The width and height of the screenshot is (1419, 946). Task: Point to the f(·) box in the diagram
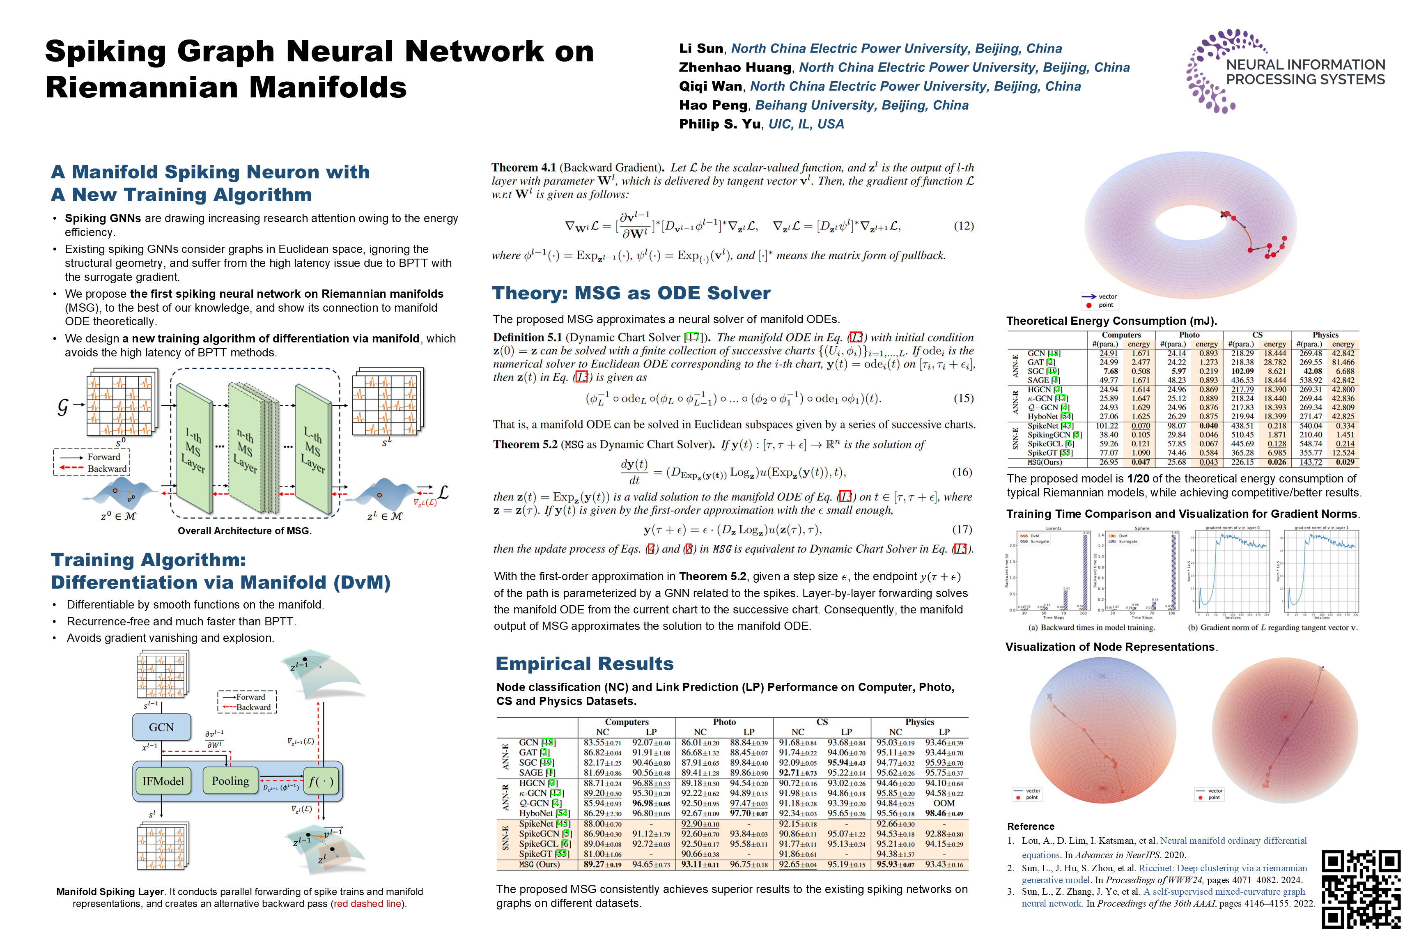[x=320, y=781]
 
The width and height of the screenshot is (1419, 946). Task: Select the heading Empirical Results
[x=584, y=664]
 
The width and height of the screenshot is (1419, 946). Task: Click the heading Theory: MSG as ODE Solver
[x=631, y=293]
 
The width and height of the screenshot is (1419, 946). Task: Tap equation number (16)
[x=962, y=472]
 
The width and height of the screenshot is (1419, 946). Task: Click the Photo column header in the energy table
[x=1189, y=335]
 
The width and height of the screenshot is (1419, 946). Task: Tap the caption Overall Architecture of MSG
[x=244, y=531]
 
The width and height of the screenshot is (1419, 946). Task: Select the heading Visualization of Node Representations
[x=1111, y=647]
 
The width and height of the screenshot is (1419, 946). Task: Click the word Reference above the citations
[x=1031, y=827]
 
